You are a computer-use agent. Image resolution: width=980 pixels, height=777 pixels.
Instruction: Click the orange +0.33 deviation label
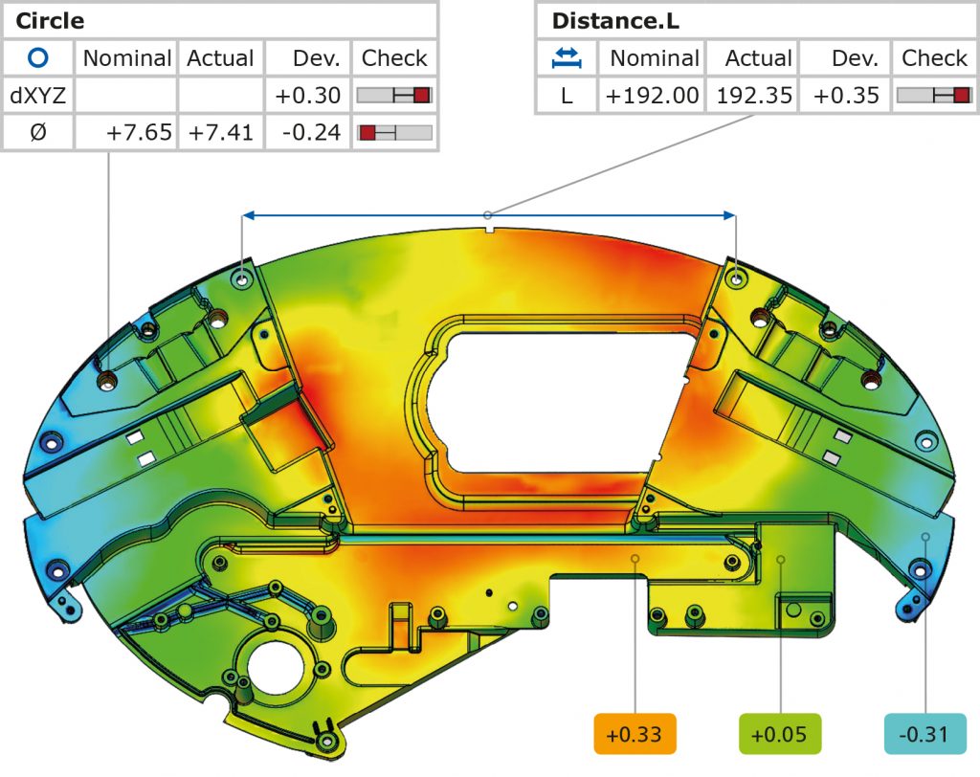point(635,735)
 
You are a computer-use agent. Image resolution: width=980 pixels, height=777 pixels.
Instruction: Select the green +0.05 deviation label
point(781,735)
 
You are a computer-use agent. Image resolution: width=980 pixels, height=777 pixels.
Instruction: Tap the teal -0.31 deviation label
point(924,735)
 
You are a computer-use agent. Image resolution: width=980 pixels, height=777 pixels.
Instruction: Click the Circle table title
point(50,20)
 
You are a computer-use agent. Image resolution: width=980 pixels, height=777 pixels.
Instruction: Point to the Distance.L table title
point(614,20)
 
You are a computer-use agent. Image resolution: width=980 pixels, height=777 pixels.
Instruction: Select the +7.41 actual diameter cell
point(220,132)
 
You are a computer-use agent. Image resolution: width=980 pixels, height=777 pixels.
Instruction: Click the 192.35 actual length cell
point(751,96)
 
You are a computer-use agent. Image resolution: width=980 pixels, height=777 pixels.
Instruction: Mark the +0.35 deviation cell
point(844,96)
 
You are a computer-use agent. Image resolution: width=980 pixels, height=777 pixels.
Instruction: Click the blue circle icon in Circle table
point(37,57)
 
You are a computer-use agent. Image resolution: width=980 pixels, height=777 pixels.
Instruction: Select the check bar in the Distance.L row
point(934,96)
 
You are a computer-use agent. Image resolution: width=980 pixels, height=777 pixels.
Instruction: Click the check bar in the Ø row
point(394,132)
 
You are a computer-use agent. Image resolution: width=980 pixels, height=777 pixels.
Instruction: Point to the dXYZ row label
point(37,95)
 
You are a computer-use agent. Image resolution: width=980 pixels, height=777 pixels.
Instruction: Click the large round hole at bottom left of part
point(277,664)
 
